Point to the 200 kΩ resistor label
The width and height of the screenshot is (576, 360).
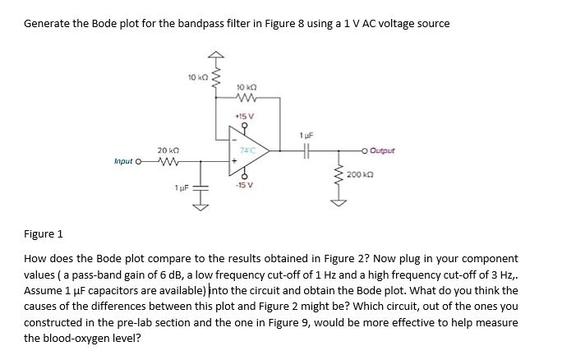(x=362, y=174)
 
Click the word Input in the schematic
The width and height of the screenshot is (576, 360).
(x=126, y=162)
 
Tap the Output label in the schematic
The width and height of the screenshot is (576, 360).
(x=382, y=150)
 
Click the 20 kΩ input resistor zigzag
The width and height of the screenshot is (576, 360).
(x=168, y=161)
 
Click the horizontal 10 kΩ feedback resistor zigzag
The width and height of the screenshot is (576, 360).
(x=248, y=97)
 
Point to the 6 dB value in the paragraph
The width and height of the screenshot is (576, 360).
(x=172, y=275)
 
